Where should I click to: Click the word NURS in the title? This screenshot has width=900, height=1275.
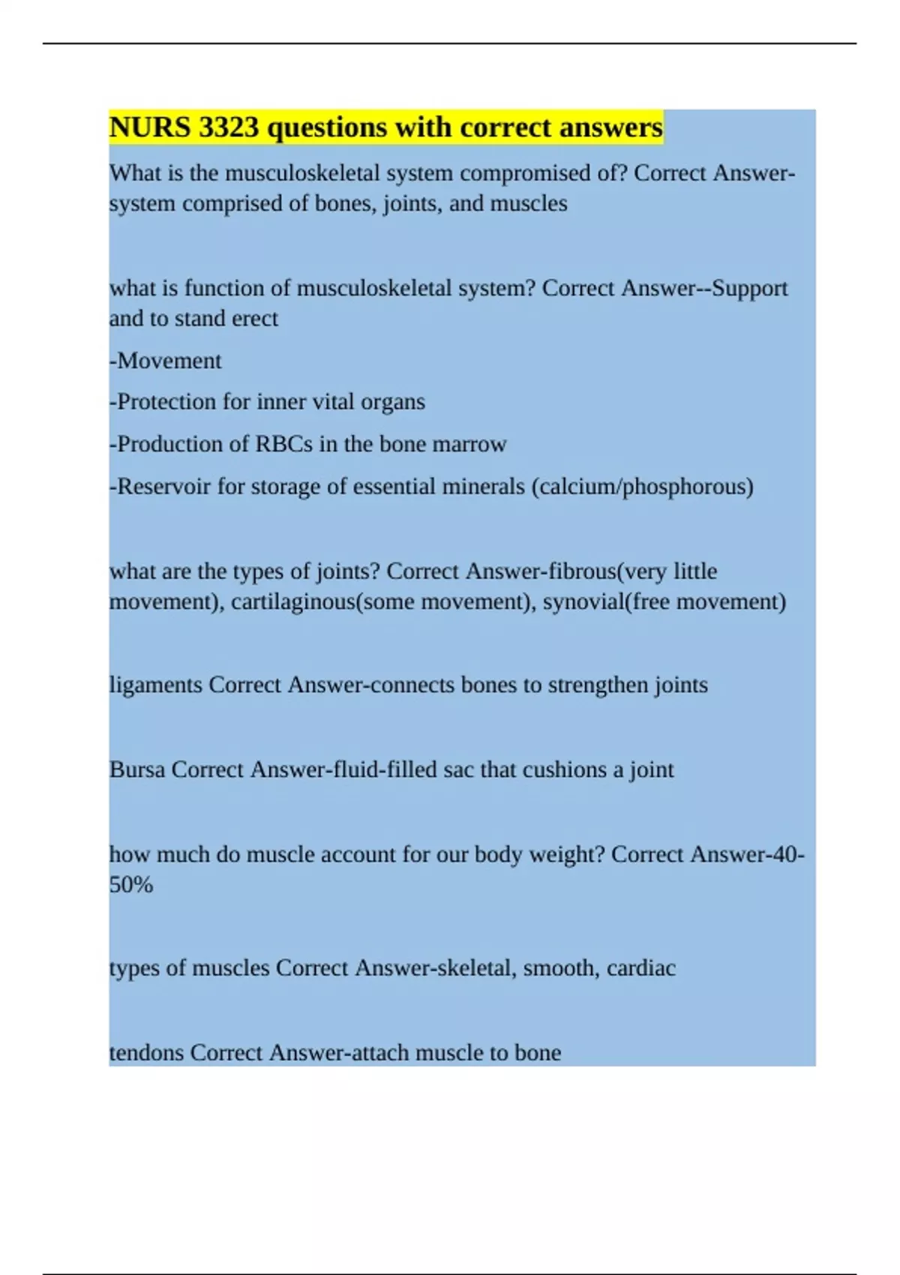[150, 127]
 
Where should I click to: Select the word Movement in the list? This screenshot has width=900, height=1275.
[169, 361]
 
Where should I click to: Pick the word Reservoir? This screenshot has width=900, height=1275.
[164, 487]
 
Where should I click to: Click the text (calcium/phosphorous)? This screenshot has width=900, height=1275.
[643, 487]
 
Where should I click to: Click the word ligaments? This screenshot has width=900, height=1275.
[156, 685]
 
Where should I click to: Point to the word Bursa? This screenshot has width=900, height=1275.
[137, 770]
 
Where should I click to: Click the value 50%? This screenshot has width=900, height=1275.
[131, 885]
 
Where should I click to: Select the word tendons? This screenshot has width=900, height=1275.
[147, 1053]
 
